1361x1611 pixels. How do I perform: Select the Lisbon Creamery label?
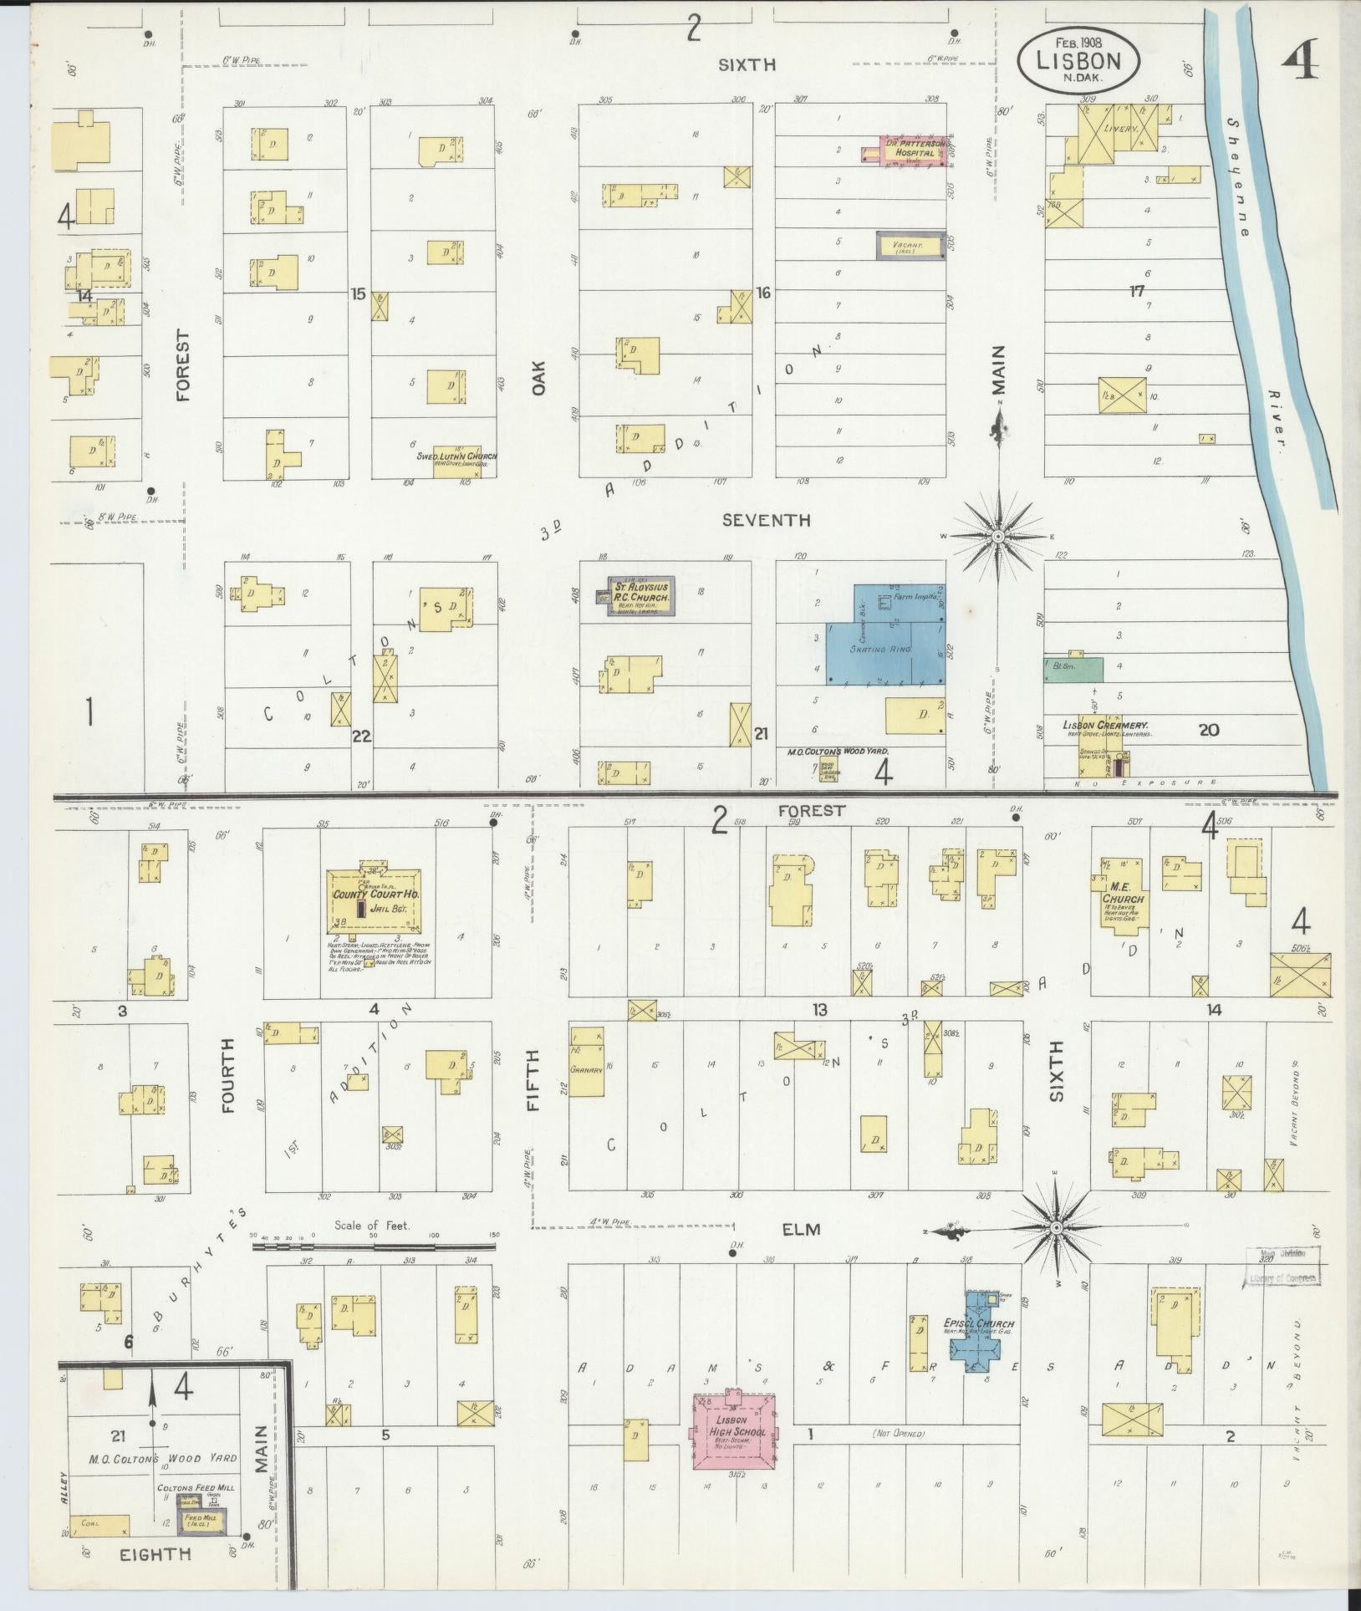[x=1105, y=726]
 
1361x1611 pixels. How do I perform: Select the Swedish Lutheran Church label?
[x=456, y=456]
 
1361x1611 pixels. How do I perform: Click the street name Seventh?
[x=766, y=520]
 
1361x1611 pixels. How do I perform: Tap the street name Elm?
[x=801, y=1229]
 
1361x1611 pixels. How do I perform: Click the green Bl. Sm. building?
[x=1072, y=667]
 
